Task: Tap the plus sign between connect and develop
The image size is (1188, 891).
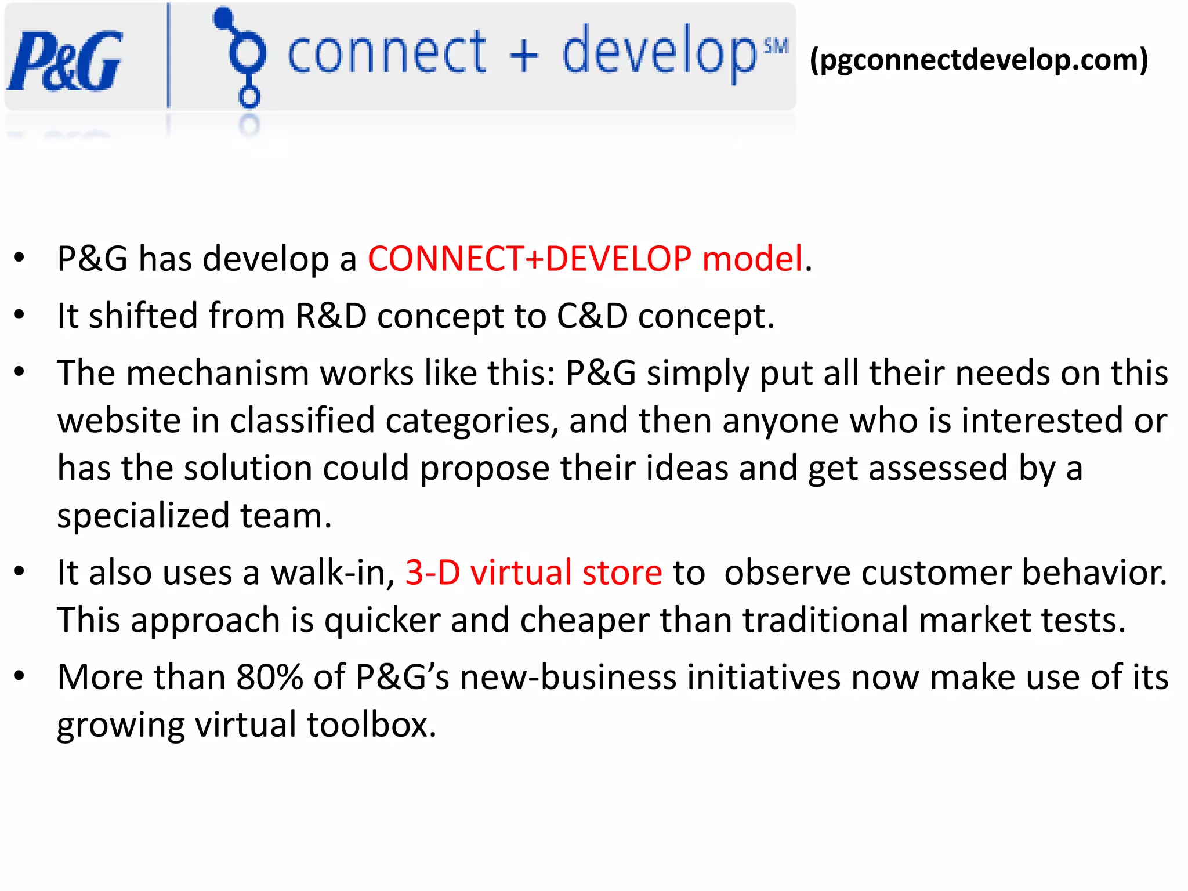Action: point(524,57)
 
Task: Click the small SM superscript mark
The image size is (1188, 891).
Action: point(776,46)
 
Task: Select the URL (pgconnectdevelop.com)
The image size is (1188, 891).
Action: point(979,59)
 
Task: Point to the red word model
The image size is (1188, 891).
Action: point(752,259)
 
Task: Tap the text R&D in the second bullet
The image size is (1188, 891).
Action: point(331,316)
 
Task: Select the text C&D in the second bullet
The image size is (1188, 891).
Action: point(592,316)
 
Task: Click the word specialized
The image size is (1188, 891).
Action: point(143,516)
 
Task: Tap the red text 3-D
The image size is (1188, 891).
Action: point(432,573)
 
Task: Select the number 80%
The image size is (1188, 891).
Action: point(270,677)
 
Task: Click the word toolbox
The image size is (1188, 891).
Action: point(371,725)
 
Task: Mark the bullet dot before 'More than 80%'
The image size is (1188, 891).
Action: point(20,676)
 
